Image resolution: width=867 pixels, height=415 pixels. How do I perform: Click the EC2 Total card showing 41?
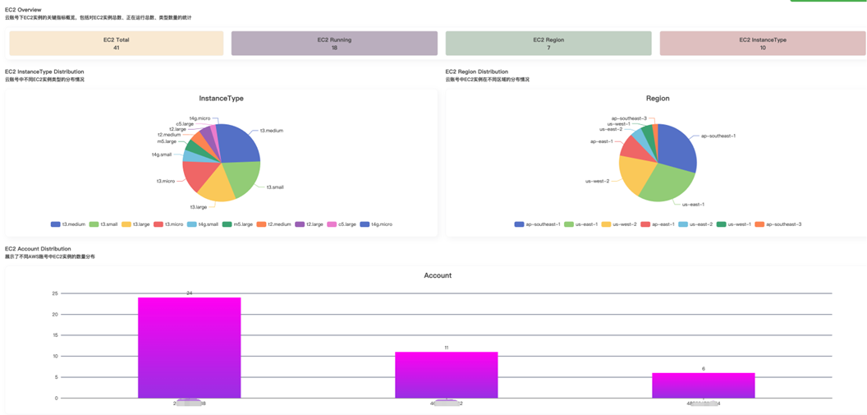click(116, 44)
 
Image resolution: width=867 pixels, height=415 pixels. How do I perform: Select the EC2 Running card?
click(334, 44)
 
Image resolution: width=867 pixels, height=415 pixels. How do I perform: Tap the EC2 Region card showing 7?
click(548, 44)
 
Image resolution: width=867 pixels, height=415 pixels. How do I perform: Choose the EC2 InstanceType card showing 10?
click(762, 44)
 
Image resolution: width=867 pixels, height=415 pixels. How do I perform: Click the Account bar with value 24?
click(189, 348)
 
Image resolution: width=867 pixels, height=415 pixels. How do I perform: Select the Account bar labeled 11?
click(446, 375)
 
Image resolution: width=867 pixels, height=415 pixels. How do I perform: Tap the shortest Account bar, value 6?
click(703, 385)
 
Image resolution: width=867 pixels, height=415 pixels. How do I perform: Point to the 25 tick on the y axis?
click(55, 293)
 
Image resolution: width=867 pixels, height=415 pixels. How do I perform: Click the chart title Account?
click(438, 275)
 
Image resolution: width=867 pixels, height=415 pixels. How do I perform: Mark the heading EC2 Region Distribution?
click(476, 71)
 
